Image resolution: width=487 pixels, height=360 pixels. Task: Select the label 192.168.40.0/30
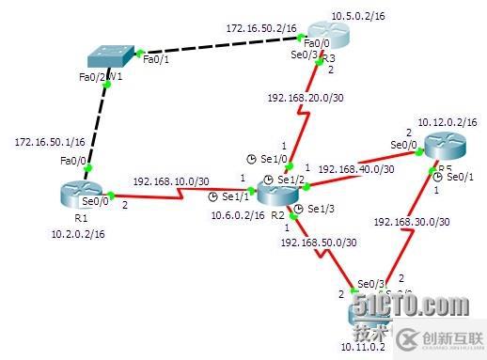click(353, 169)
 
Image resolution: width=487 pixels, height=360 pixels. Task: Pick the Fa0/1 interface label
click(154, 58)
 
